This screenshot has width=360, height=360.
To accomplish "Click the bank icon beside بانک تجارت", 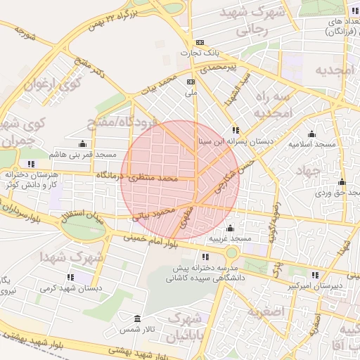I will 200,43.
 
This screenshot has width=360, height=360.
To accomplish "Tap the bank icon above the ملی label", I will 190,82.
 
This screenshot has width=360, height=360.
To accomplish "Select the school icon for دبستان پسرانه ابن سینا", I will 235,130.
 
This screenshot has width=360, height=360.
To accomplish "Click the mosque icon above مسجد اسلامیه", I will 311,134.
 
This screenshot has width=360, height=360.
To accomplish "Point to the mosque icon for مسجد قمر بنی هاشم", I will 82,143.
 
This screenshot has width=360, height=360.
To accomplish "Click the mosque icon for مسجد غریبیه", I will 230,228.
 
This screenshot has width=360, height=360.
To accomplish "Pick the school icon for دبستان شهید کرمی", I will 70,278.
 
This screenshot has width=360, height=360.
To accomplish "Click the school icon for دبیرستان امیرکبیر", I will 314,275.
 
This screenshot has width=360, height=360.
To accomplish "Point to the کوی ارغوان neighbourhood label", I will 53,84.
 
